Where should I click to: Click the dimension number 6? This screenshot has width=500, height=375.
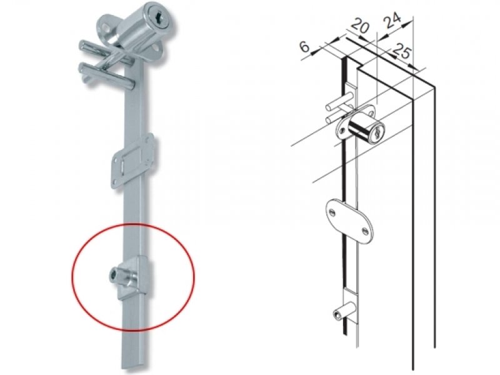pos(304,46)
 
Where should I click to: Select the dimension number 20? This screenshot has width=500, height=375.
pos(360,26)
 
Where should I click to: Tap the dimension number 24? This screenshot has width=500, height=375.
pos(392,21)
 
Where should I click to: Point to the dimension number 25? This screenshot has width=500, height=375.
pos(401,51)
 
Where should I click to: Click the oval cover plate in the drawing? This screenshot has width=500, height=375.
pos(349,220)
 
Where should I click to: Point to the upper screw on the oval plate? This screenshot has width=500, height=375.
pos(332,212)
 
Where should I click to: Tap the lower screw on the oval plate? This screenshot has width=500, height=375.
pos(365,229)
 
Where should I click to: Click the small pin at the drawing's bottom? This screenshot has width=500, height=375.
pos(344,311)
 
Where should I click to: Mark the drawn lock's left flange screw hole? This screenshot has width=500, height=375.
pos(342,130)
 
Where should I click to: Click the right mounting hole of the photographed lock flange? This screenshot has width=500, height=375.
pos(156,49)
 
